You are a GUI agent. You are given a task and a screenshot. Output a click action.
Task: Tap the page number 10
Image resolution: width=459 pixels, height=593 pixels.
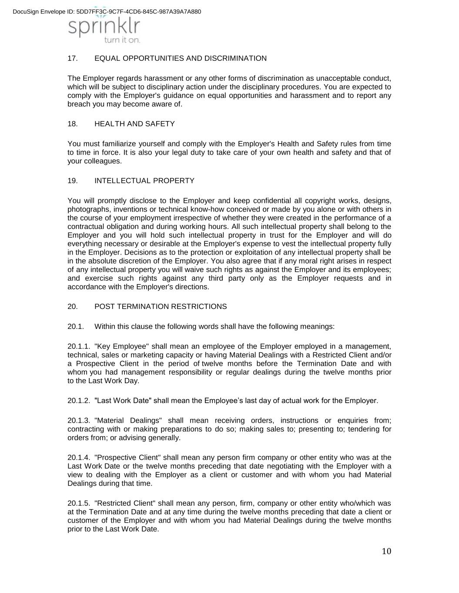pos(386,551)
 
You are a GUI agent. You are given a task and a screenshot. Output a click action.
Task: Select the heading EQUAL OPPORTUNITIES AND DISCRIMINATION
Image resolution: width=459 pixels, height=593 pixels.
pos(180,59)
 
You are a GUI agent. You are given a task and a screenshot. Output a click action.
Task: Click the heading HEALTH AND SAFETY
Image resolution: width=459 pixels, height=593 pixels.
pos(134,124)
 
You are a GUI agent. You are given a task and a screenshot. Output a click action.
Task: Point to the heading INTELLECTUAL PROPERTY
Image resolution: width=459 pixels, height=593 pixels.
pos(144,181)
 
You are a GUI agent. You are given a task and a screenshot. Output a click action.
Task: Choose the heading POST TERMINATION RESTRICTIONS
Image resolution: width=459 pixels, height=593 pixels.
pos(161,307)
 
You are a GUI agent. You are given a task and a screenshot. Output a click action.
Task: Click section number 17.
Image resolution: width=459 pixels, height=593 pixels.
pos(72,59)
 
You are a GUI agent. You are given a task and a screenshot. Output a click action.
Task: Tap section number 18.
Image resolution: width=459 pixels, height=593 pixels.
pos(72,124)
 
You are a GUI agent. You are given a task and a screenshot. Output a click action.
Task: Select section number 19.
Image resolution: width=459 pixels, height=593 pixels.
pos(72,181)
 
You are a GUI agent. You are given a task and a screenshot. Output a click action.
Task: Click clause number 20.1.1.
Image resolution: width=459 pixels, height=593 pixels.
pos(79,347)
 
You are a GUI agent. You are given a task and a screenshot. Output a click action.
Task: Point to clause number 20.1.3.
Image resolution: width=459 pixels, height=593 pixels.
pos(79,421)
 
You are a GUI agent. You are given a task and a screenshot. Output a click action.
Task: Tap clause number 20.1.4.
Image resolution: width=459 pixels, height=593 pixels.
pos(79,458)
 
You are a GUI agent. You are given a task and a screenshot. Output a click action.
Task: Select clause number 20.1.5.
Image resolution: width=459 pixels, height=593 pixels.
pos(79,504)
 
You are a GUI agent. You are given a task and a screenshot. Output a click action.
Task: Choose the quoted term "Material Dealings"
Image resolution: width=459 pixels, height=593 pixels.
pos(128,421)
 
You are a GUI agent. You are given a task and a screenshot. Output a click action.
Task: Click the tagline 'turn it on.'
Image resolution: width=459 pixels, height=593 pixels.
pos(122,40)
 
